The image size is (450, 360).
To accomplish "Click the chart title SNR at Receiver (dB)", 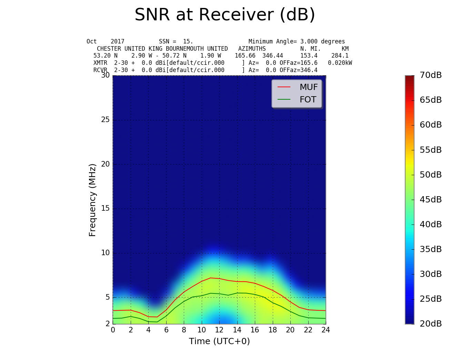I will pyautogui.click(x=225, y=15).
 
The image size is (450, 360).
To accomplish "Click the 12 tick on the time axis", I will pyautogui.click(x=219, y=330).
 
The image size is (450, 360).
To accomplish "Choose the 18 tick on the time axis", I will pyautogui.click(x=272, y=330).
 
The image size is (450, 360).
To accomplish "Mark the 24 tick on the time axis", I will pyautogui.click(x=326, y=330).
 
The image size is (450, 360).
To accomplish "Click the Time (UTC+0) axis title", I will pyautogui.click(x=219, y=341).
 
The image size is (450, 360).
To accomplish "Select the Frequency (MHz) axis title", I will pyautogui.click(x=92, y=200).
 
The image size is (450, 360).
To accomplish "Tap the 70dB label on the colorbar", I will pyautogui.click(x=431, y=75).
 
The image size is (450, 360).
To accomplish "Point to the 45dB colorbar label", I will pyautogui.click(x=431, y=200).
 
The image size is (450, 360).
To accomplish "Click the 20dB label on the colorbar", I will pyautogui.click(x=431, y=324).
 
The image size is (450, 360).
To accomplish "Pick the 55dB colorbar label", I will pyautogui.click(x=431, y=150).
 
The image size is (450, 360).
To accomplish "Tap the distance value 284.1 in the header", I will pyautogui.click(x=340, y=56).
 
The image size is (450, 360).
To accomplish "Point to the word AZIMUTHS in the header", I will pyautogui.click(x=252, y=49).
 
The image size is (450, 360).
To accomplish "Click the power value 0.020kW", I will pyautogui.click(x=340, y=63).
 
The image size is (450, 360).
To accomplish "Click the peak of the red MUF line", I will pyautogui.click(x=210, y=278).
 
